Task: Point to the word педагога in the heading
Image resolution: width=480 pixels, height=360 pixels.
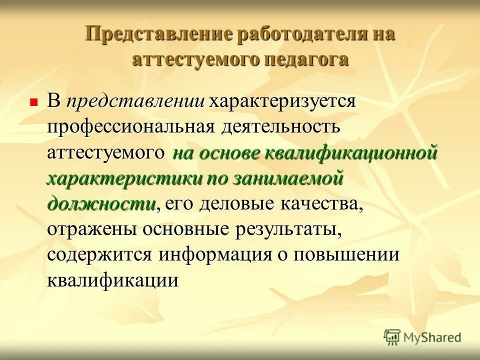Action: click(x=306, y=59)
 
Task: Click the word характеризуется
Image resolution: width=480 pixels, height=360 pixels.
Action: click(x=282, y=101)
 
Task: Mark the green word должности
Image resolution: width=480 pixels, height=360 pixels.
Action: click(x=101, y=204)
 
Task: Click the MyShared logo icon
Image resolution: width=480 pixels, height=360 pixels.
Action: click(x=392, y=337)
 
